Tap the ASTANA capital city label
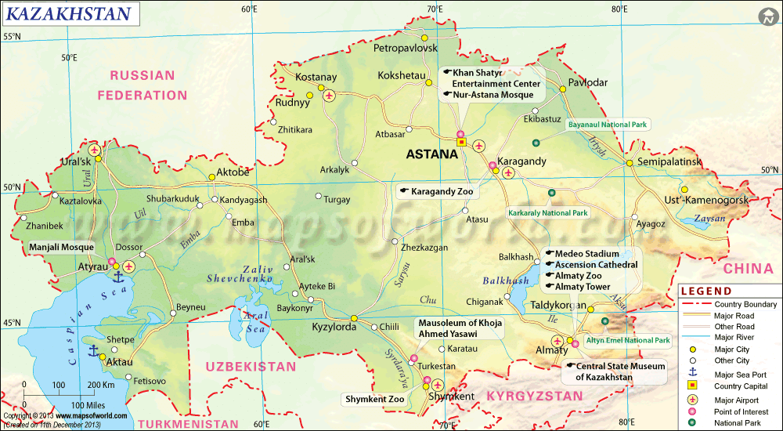point(431,155)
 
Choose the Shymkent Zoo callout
point(375,399)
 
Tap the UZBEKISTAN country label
point(251,366)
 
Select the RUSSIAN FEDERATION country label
point(143,85)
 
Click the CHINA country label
point(748,269)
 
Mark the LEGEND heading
point(710,291)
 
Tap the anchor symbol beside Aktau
point(92,350)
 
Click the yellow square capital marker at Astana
point(461,143)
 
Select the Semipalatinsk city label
point(668,161)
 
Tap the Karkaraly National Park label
point(547,212)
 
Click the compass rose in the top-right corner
point(767,16)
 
